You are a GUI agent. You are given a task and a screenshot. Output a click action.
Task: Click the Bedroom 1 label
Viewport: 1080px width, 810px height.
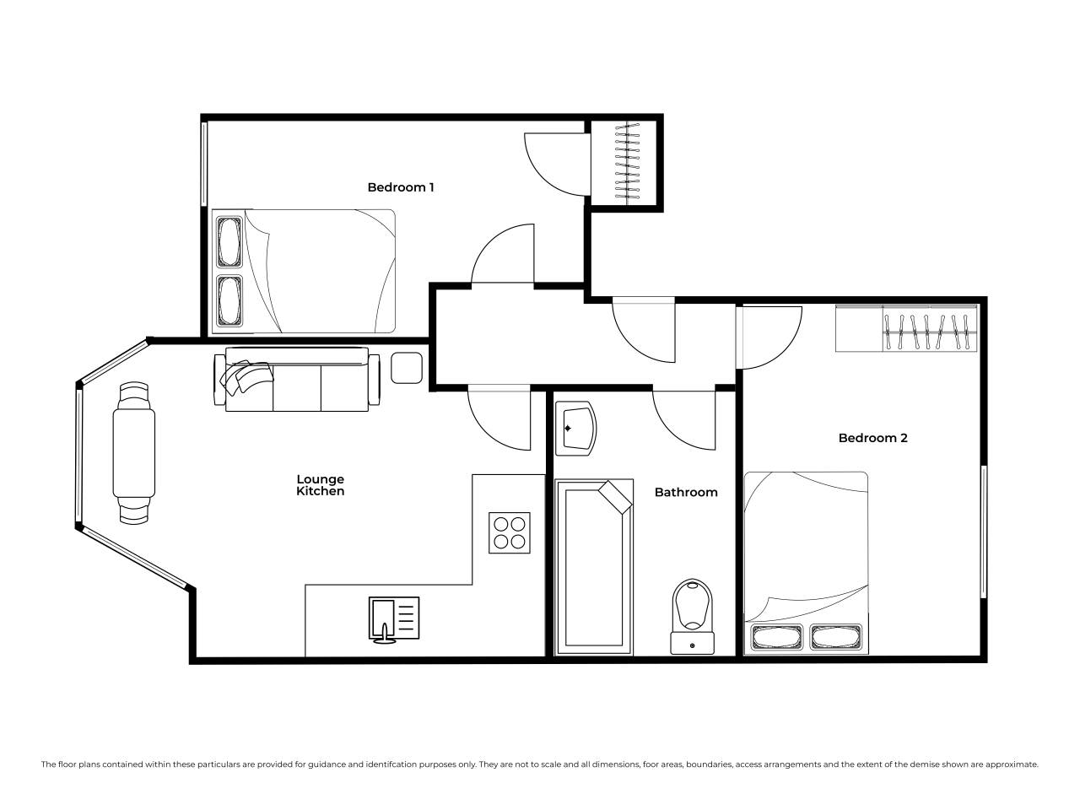[x=401, y=187]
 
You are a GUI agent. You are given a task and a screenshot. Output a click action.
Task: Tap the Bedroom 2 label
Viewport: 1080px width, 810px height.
[x=872, y=438]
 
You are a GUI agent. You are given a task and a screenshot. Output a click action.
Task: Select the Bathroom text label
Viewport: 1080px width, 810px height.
[x=685, y=492]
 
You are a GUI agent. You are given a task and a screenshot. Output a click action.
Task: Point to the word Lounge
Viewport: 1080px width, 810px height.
[x=320, y=479]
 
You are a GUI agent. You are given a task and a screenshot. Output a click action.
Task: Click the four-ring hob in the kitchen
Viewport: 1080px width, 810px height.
[x=510, y=532]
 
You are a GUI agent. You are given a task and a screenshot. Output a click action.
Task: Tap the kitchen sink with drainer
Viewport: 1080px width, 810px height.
[x=394, y=619]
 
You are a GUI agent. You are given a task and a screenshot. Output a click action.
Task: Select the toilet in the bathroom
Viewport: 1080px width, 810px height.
[x=692, y=616]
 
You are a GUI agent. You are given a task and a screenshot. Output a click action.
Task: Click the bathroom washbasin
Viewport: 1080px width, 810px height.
[x=575, y=428]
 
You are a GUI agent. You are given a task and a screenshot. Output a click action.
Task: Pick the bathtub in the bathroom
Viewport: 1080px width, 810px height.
[x=594, y=567]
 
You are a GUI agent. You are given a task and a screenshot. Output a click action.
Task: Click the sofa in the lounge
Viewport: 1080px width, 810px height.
[x=297, y=380]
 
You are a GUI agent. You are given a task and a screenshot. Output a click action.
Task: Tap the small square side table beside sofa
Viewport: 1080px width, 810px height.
[x=407, y=368]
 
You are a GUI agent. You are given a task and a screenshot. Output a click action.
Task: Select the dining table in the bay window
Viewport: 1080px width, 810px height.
[x=134, y=453]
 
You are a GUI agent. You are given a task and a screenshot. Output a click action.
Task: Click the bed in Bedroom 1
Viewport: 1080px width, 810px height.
[x=304, y=271]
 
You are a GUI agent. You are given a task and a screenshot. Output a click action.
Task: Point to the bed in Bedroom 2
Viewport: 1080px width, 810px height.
[x=806, y=563]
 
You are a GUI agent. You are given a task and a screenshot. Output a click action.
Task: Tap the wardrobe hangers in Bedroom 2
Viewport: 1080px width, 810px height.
[x=930, y=332]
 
